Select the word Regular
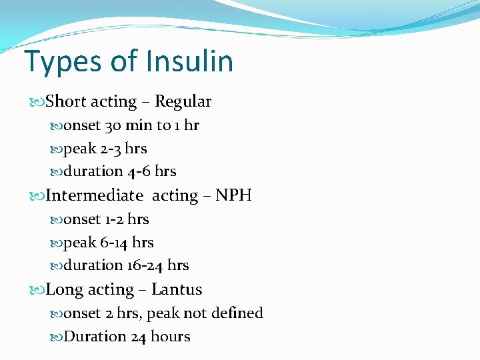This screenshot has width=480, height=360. pyautogui.click(x=183, y=102)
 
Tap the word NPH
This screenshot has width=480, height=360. pyautogui.click(x=233, y=196)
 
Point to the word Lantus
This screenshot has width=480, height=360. pyautogui.click(x=177, y=290)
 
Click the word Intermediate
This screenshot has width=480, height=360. pyautogui.click(x=94, y=196)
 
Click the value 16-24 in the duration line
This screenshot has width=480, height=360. pyautogui.click(x=145, y=265)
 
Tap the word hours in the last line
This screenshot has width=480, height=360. pyautogui.click(x=170, y=337)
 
